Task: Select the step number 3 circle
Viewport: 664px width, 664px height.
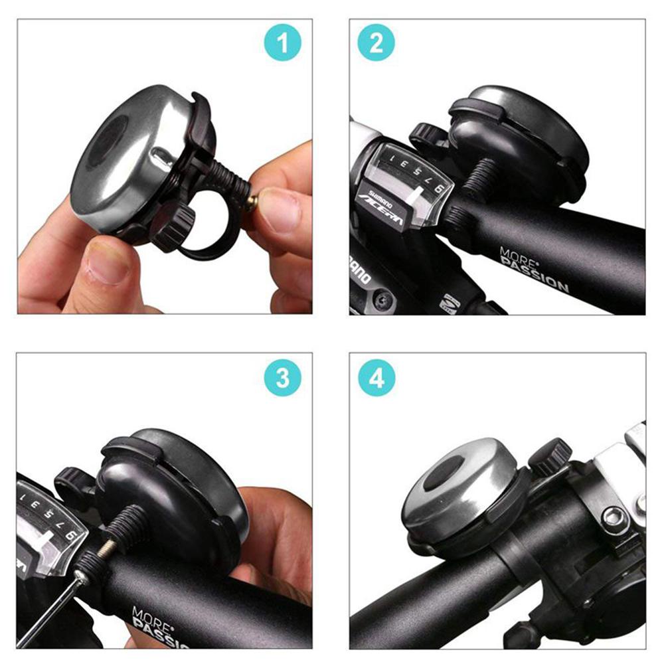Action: (x=284, y=378)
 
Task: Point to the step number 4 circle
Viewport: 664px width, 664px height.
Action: (x=376, y=378)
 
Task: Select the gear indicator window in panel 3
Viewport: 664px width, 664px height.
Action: (x=46, y=525)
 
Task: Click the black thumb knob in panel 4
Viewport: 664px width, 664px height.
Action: (x=549, y=455)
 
